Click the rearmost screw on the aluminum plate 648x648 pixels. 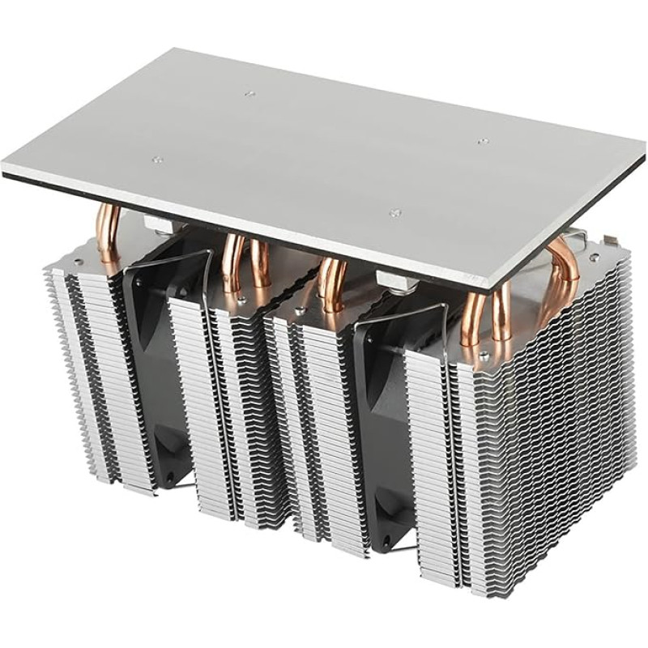(250, 94)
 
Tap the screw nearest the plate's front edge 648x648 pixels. (394, 213)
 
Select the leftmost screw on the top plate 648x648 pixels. (158, 160)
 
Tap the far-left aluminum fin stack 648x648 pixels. (89, 364)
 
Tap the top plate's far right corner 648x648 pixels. (643, 146)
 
